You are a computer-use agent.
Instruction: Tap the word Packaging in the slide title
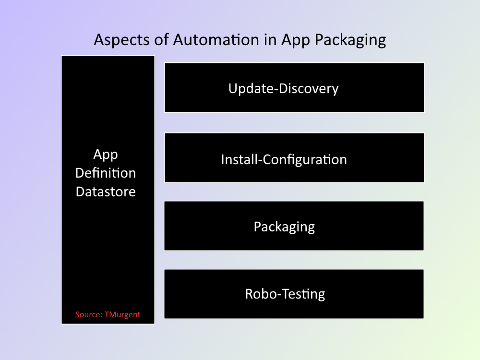click(x=350, y=40)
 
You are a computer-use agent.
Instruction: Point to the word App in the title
click(x=296, y=41)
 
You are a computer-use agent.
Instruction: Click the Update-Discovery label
click(x=284, y=89)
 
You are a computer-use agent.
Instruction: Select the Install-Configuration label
click(x=284, y=160)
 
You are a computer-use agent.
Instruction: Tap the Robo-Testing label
click(x=285, y=294)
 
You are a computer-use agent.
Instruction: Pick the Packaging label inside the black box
click(x=284, y=227)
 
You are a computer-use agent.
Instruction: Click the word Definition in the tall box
click(x=106, y=173)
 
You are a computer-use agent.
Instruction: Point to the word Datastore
click(x=106, y=192)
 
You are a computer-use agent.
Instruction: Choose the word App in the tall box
click(x=106, y=155)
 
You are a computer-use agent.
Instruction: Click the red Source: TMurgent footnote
click(x=108, y=314)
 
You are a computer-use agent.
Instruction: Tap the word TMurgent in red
click(x=122, y=315)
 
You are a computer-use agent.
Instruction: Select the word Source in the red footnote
click(x=89, y=314)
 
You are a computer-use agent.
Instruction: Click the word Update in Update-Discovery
click(x=251, y=89)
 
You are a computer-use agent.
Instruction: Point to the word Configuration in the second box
click(x=305, y=160)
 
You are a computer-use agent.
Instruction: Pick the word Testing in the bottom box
click(x=303, y=294)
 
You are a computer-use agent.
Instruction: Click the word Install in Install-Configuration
click(x=240, y=159)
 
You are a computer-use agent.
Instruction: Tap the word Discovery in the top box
click(x=309, y=89)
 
